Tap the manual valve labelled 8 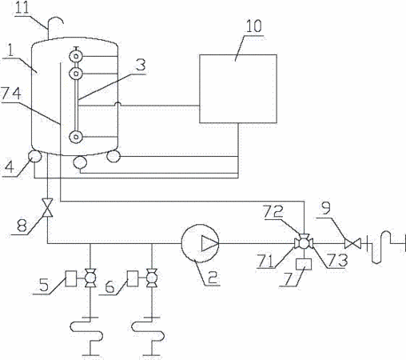tap(47, 208)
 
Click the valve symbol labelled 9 tap(352, 243)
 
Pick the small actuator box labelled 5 tap(71, 278)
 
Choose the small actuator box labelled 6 tap(133, 278)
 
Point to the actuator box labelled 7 tap(304, 264)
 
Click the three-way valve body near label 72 tap(304, 243)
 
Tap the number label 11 tap(22, 7)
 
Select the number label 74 tap(11, 94)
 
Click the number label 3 tap(141, 66)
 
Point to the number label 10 tap(253, 26)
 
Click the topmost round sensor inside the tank tap(76, 56)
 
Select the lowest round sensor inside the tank tap(76, 137)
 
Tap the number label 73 tap(338, 260)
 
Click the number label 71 tap(265, 261)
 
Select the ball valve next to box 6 tap(152, 278)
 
